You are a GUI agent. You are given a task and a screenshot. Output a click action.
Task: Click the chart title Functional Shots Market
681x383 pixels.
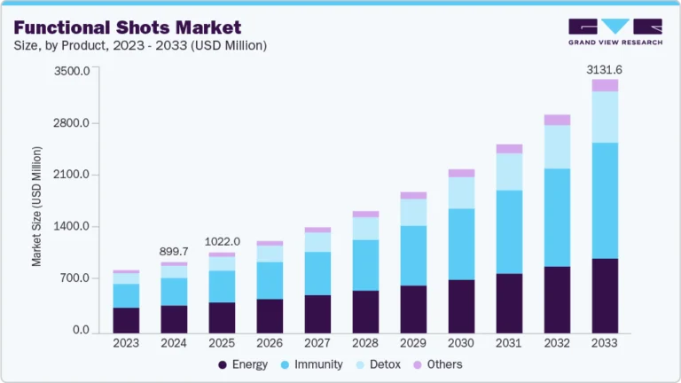[x=127, y=27]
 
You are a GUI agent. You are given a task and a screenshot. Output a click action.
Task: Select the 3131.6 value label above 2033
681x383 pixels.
[x=605, y=69]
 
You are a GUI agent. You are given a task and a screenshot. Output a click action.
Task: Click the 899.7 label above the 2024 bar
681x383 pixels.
[x=174, y=252]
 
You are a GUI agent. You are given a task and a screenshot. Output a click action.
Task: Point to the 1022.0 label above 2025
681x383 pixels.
[x=222, y=241]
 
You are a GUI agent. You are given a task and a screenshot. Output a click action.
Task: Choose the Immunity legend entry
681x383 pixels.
[x=313, y=364]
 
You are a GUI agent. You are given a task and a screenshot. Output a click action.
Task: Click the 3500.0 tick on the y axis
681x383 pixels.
[x=72, y=71]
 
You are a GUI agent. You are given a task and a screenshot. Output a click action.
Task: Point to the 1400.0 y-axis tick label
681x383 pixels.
[x=72, y=227]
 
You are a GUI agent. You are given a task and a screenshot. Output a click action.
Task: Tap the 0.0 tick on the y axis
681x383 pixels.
[x=81, y=331]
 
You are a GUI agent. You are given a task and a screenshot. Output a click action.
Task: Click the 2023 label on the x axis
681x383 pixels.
[x=126, y=343]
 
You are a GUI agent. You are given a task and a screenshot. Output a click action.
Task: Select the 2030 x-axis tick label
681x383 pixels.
[x=461, y=343]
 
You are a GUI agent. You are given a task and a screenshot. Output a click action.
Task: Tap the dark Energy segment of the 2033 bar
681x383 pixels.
[x=605, y=295]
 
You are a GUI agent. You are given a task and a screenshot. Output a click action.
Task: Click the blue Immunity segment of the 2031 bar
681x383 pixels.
[x=509, y=231]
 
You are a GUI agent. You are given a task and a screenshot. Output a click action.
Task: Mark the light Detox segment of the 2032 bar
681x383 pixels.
[x=557, y=146]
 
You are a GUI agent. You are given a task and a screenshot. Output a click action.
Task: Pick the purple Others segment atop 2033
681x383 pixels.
[x=605, y=85]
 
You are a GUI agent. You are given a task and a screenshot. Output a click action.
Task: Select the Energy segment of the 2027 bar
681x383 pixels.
[x=317, y=314]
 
